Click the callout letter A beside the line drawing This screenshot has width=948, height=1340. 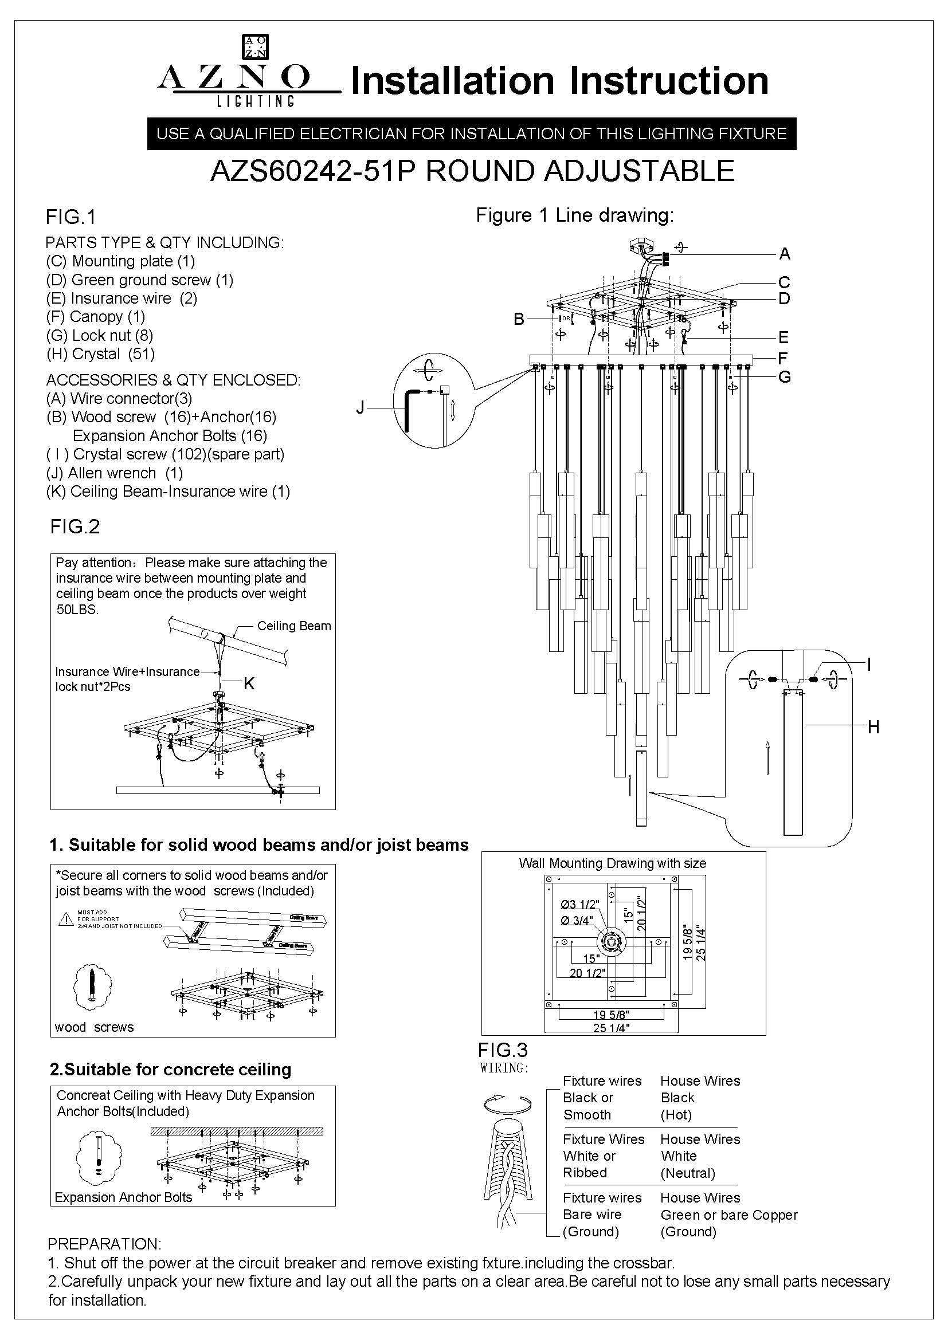click(785, 254)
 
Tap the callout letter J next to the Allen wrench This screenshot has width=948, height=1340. click(360, 407)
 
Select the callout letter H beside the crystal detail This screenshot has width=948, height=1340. click(873, 726)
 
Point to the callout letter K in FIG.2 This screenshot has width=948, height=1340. click(249, 683)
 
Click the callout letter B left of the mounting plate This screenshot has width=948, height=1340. click(519, 319)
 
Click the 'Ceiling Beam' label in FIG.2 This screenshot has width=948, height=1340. click(293, 626)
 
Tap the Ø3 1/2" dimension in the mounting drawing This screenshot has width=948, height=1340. click(579, 905)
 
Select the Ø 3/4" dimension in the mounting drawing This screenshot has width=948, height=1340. click(576, 921)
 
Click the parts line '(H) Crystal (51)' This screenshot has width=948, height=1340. click(100, 353)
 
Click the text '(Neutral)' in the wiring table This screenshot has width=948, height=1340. click(688, 1173)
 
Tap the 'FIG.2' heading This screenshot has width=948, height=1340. click(75, 526)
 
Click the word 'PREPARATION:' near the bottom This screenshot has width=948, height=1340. click(104, 1244)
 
